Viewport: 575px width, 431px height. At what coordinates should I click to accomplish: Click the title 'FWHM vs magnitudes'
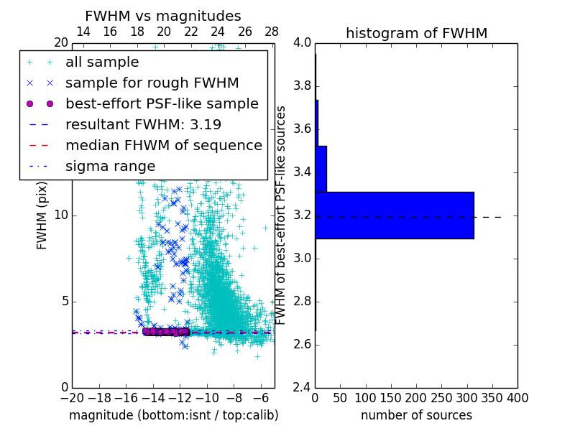tap(163, 16)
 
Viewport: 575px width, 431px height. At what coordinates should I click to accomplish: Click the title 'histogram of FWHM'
tap(416, 33)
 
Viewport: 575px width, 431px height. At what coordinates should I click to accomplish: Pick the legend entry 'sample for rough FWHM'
tap(152, 83)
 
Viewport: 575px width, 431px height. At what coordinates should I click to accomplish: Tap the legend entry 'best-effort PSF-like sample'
tap(162, 103)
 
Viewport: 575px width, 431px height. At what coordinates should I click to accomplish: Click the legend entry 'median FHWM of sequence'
tap(164, 145)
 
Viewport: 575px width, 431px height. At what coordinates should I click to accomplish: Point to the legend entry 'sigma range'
tap(110, 166)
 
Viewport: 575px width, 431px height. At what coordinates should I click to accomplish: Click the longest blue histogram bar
tap(395, 215)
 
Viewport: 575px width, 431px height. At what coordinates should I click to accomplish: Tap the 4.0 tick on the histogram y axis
tap(302, 43)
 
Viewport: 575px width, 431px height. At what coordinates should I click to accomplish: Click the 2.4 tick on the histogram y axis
tap(302, 388)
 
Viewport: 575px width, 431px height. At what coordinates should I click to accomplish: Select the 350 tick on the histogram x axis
tap(492, 398)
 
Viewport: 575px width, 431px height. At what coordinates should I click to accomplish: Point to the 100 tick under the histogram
tap(366, 398)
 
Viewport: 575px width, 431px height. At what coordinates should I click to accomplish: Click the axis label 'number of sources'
tap(416, 415)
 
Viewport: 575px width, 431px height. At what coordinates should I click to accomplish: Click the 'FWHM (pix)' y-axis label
tap(42, 215)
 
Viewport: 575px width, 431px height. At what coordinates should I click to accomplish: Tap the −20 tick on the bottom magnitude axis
tap(72, 398)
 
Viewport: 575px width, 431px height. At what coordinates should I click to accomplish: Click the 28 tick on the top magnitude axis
tap(272, 32)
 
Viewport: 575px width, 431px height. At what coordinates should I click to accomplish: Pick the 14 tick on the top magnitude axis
tap(83, 32)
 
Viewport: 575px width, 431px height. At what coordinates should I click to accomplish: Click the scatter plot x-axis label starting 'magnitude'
tap(173, 415)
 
